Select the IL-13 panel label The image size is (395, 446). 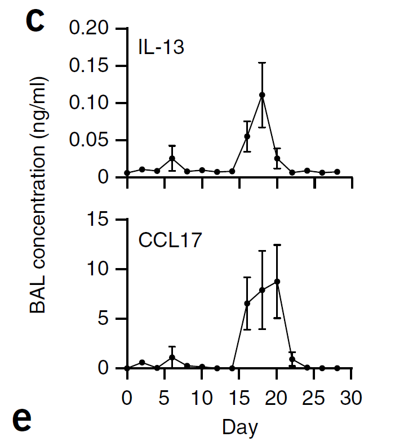(162, 47)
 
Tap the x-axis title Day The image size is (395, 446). (239, 427)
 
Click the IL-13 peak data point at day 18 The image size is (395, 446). (262, 95)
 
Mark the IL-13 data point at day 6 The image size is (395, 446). (172, 158)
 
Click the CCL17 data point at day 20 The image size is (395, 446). (277, 281)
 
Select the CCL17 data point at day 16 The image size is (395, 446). (247, 303)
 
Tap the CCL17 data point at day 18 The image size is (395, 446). (262, 289)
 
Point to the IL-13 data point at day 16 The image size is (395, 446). (247, 136)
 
